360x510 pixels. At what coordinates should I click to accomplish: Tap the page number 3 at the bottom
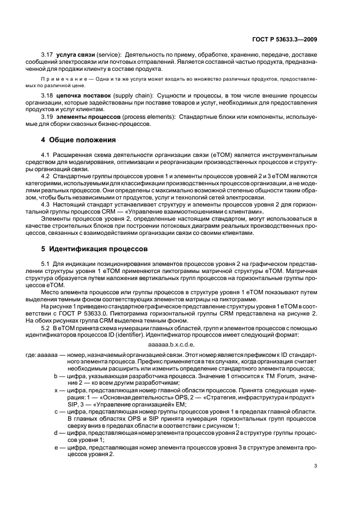pos(316,465)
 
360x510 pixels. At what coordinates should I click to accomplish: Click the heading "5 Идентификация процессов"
pos(90,248)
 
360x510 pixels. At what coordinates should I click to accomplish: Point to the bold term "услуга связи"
pos(75,56)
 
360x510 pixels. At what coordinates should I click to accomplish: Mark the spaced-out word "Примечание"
pos(61,80)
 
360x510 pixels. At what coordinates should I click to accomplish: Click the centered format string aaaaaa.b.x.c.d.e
pos(172,344)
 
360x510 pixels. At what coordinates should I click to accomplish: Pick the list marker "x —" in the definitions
pos(59,392)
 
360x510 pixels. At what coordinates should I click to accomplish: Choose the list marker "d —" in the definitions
pos(59,432)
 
